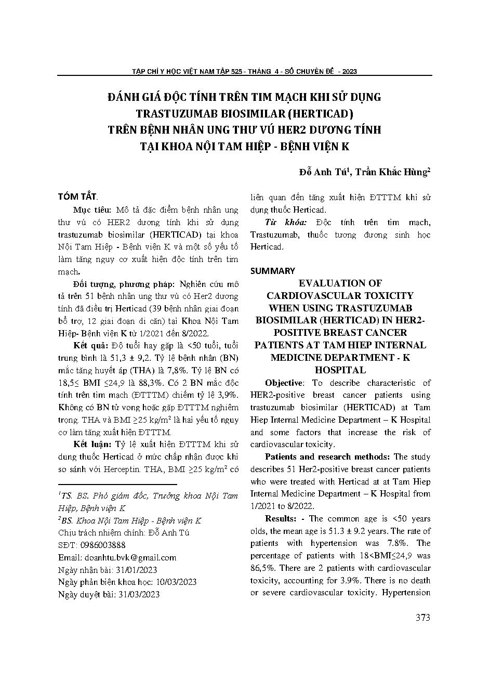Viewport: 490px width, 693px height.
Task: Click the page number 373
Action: point(423,618)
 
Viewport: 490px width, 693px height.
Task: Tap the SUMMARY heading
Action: point(272,271)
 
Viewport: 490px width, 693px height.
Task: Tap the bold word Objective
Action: point(284,383)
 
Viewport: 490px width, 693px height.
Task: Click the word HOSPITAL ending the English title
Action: point(340,370)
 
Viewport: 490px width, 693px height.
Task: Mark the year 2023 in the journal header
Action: point(349,71)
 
